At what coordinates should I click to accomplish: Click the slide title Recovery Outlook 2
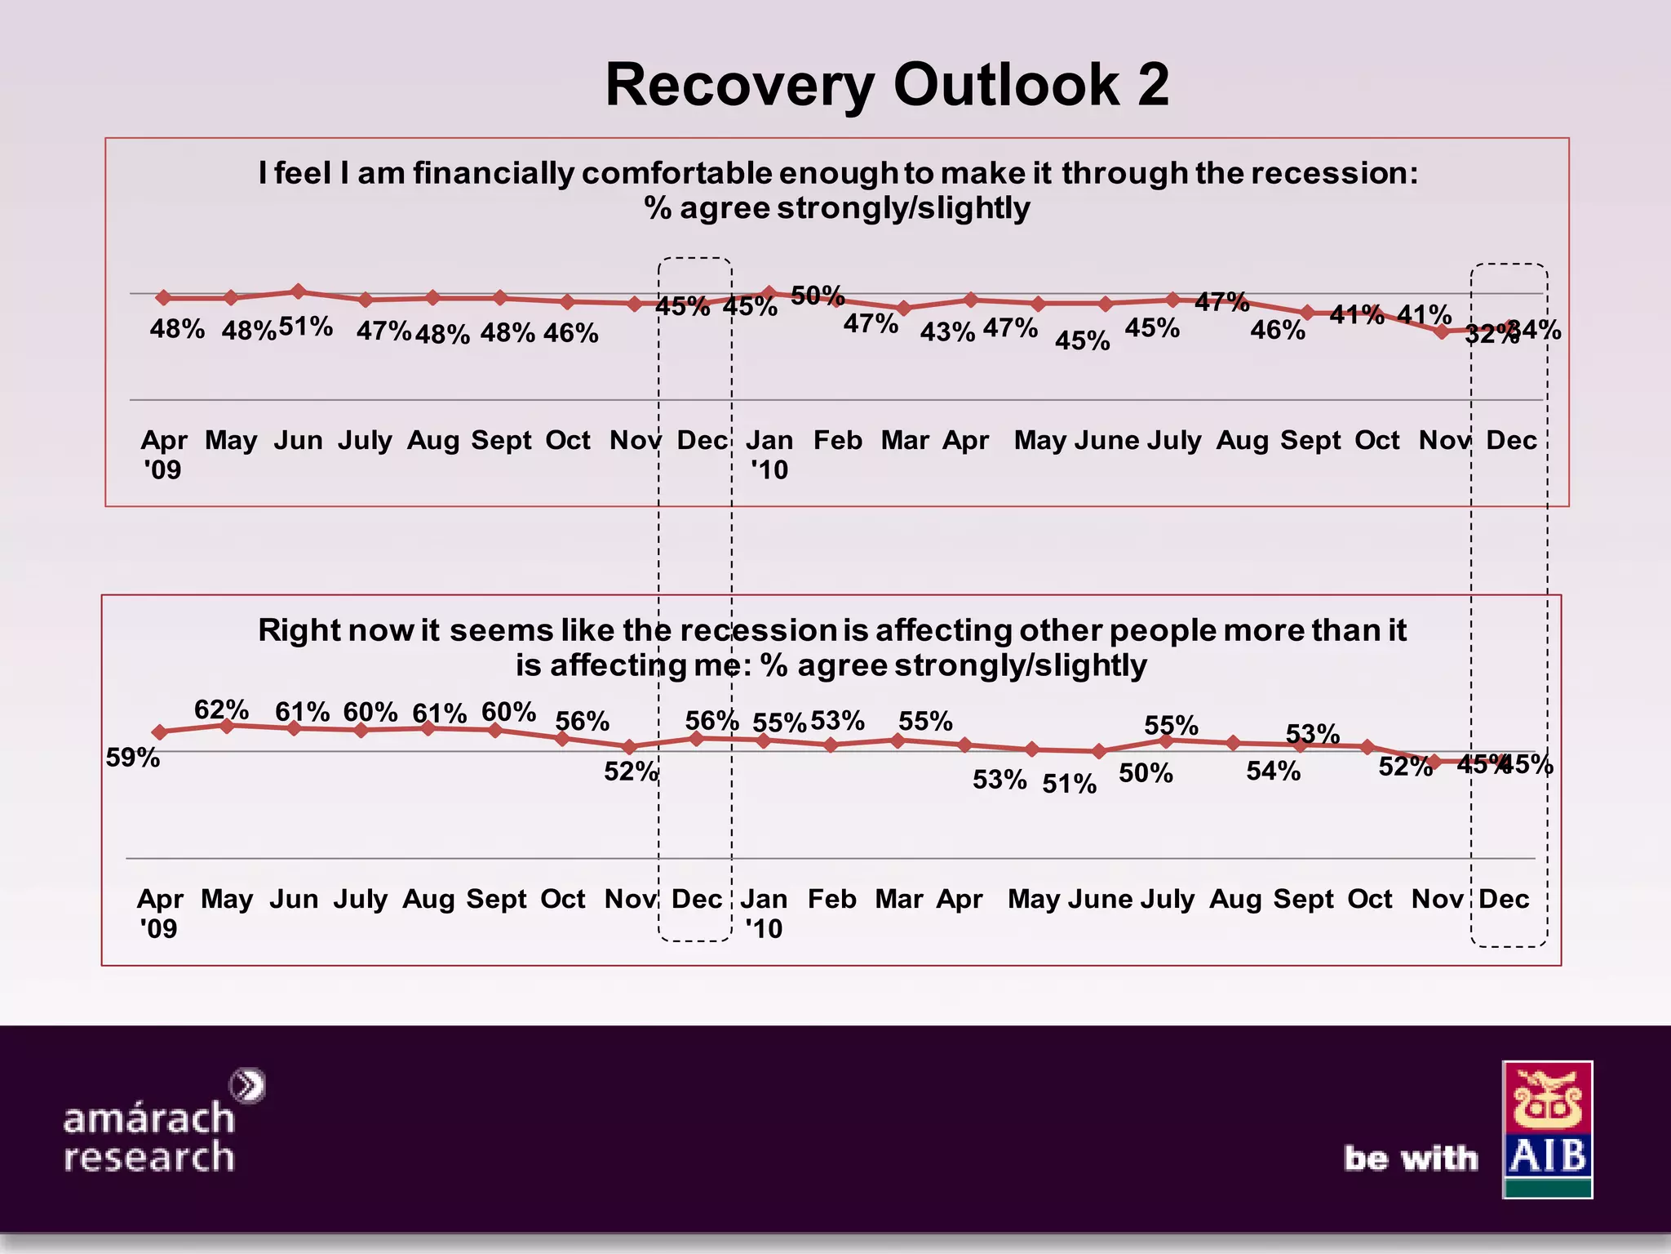point(887,85)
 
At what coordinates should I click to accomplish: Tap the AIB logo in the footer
point(1547,1129)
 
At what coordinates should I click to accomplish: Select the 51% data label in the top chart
point(306,327)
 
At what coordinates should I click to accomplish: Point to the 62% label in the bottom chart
point(221,709)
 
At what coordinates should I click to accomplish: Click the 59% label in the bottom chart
point(133,758)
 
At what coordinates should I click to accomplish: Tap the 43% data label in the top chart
point(947,332)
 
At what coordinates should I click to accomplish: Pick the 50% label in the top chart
point(818,295)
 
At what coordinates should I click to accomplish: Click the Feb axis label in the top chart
point(837,441)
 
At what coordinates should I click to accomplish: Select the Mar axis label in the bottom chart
point(898,899)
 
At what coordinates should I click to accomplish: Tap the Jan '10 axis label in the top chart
point(769,455)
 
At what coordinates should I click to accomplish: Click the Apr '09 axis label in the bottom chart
point(160,913)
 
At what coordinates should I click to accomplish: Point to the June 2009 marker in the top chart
point(299,291)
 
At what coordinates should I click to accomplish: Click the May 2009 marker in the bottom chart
point(228,725)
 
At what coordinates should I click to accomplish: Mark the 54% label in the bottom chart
point(1273,771)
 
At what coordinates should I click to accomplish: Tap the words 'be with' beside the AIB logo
point(1411,1158)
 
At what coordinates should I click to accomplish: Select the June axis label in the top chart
point(1106,441)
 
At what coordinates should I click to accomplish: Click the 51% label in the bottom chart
point(1069,784)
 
